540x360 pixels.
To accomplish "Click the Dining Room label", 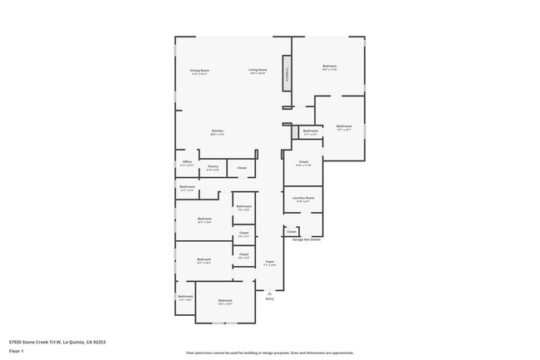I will (199, 72).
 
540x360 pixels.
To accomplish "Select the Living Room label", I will (258, 71).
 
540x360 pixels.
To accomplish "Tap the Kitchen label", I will (217, 131).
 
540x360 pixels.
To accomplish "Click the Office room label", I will (187, 163).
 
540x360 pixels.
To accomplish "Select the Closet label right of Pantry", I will (242, 168).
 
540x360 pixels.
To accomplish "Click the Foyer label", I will (270, 263).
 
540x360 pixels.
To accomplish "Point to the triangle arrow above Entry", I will (269, 292).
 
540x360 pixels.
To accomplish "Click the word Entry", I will (269, 298).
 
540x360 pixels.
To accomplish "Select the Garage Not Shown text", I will (306, 239).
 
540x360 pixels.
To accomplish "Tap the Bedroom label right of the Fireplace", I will (329, 67).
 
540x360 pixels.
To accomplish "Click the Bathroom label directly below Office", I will (187, 188).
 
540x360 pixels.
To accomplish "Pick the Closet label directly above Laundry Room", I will (303, 162).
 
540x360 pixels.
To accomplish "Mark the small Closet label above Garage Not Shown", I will (292, 231).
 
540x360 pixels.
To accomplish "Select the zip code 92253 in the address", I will (99, 342).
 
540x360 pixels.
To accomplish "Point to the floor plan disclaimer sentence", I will (270, 353).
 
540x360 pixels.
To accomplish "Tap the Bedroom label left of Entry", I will (225, 301).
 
